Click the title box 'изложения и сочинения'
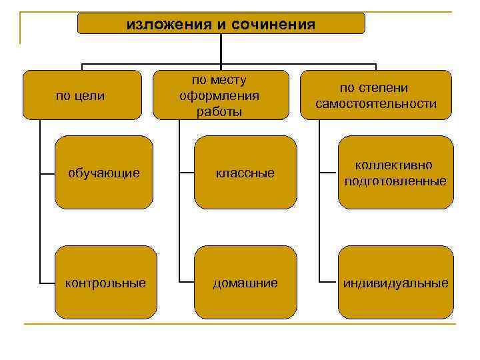(x=221, y=23)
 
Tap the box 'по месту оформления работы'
(x=219, y=95)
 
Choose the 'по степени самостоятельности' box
(x=376, y=95)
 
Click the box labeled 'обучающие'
(x=104, y=173)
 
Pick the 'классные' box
(x=245, y=173)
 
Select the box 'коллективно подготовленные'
(x=395, y=173)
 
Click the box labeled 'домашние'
(x=245, y=282)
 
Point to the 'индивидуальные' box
(x=395, y=282)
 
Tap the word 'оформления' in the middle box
(x=219, y=95)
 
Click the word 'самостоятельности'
(x=376, y=104)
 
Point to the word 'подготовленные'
(x=395, y=181)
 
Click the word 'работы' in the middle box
(x=219, y=111)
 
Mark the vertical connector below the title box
(x=221, y=48)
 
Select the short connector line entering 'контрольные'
(x=47, y=282)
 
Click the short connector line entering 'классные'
(x=187, y=173)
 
